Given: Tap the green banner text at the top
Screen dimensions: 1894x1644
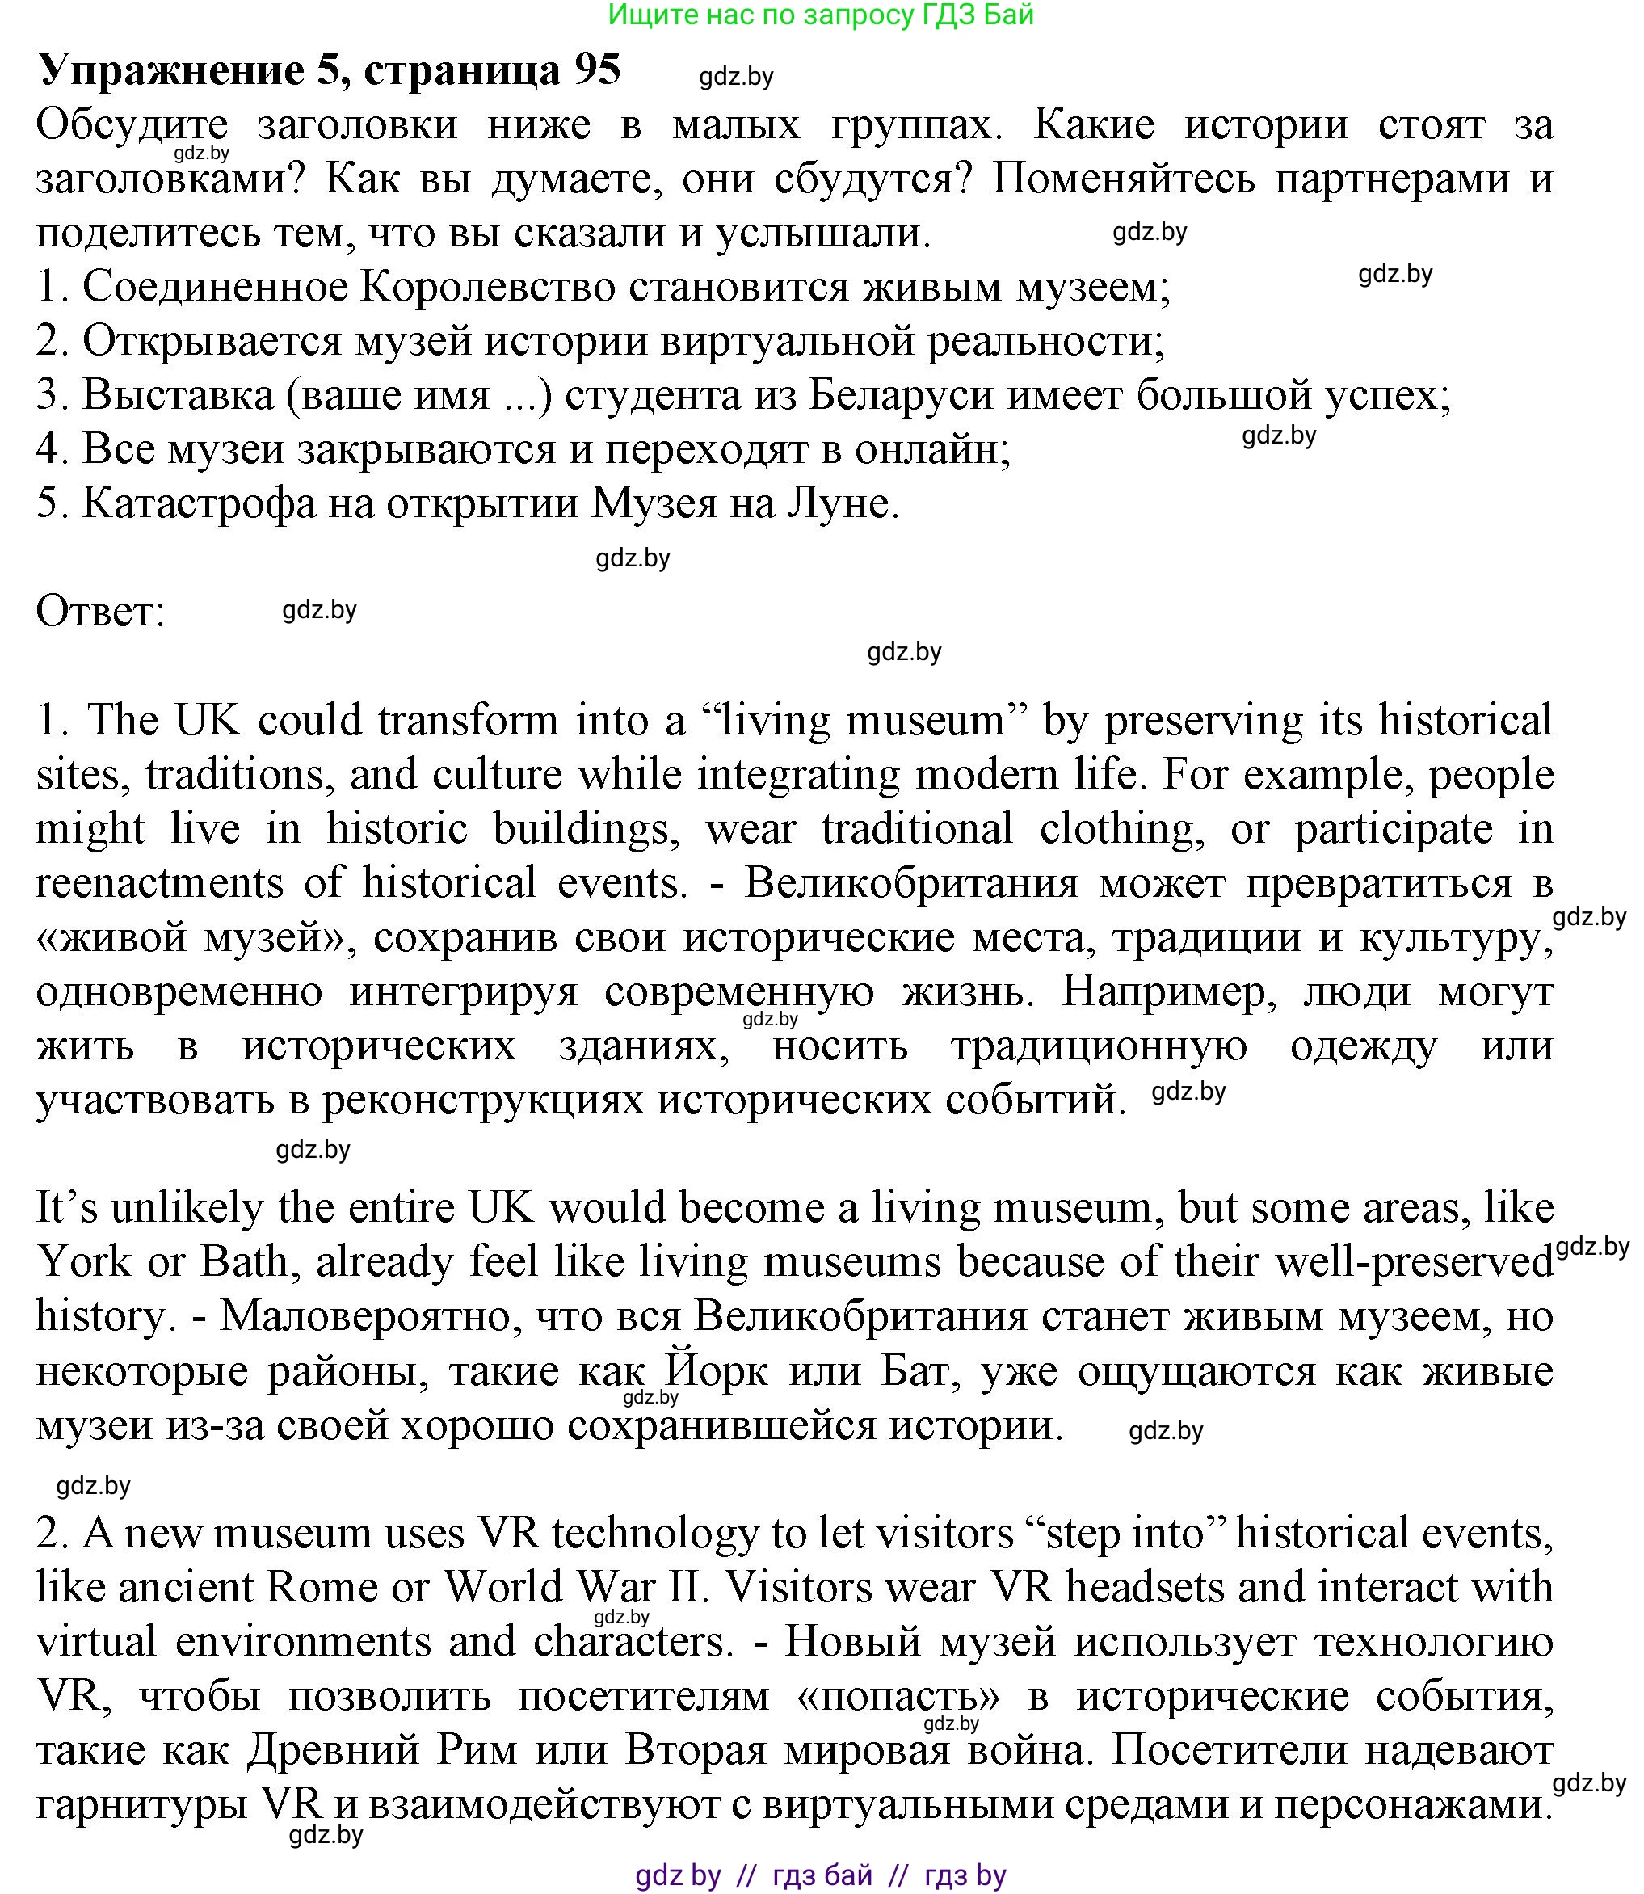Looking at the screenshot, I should coord(821,15).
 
